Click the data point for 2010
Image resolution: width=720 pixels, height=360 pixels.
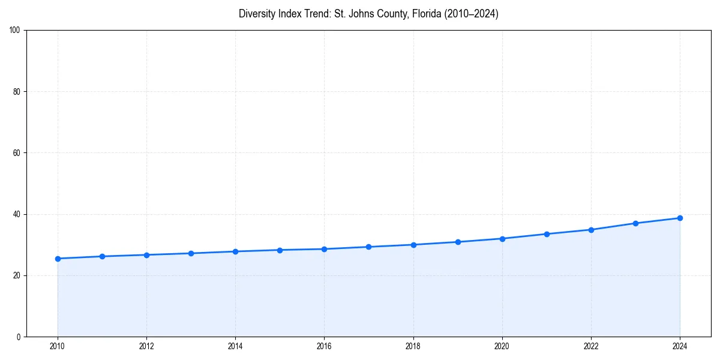pos(58,259)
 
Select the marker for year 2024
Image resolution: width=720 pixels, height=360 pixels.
pos(680,218)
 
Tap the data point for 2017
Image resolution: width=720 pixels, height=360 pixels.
pos(368,247)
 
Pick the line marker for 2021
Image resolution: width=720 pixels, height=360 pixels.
pos(547,234)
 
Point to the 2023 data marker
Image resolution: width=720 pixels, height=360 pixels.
pos(635,223)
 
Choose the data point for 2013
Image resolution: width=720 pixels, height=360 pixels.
pos(191,253)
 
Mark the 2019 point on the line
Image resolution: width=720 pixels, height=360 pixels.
pos(458,242)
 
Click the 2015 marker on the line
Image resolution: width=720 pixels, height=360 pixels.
pos(280,250)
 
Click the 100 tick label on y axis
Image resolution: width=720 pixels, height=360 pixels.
pos(16,31)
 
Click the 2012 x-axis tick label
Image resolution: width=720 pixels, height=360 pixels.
pos(146,346)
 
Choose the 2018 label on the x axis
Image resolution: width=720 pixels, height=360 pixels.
pos(413,346)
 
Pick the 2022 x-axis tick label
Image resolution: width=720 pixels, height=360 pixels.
pos(591,346)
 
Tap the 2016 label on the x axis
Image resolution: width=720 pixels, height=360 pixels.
pos(324,346)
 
